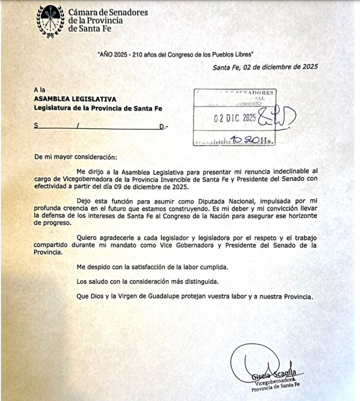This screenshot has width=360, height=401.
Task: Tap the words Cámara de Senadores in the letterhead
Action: pos(108,13)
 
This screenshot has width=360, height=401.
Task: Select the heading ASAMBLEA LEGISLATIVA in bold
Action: pos(75,99)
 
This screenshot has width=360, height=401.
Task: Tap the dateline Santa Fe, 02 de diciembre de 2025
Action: pos(265,67)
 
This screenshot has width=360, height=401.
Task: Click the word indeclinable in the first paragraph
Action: pos(288,171)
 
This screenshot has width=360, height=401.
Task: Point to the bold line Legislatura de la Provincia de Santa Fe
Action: pos(98,109)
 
